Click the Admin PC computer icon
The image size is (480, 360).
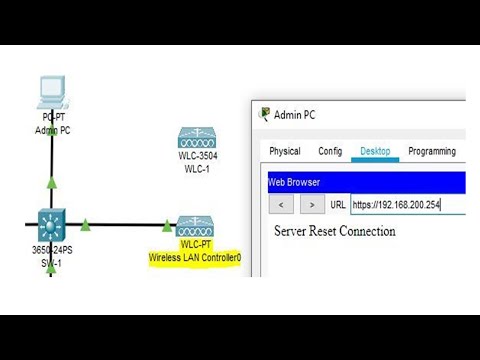tap(50, 93)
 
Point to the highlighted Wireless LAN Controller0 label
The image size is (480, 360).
tap(196, 257)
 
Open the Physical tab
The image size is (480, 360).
tap(285, 151)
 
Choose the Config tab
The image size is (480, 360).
tap(330, 151)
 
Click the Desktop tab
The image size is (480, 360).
tap(375, 151)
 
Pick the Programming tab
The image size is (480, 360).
tap(432, 151)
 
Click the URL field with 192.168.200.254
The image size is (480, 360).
tap(395, 205)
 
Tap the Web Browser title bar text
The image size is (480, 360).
tap(294, 183)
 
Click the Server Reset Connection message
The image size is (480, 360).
tap(334, 231)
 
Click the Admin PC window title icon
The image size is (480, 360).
tap(265, 114)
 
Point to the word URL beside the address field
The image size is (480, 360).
tap(338, 205)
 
